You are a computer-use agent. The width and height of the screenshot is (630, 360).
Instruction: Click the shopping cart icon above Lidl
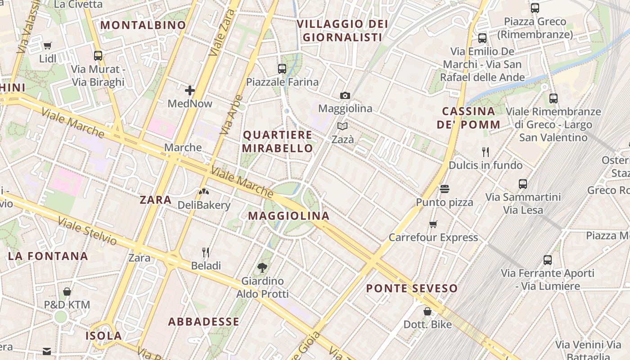[x=48, y=45]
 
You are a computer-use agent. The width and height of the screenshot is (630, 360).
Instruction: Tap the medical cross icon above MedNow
[x=190, y=90]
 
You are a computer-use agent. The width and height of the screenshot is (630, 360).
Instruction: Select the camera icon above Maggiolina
[x=345, y=95]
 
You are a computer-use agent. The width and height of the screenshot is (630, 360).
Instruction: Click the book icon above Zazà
[x=342, y=126]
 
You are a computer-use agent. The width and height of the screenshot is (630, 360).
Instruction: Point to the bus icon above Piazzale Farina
[x=282, y=69]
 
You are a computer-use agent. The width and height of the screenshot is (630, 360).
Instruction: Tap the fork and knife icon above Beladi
[x=206, y=252]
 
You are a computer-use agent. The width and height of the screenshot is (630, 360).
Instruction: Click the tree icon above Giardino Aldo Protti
[x=262, y=268]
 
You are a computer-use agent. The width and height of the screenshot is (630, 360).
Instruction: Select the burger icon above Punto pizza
[x=445, y=189]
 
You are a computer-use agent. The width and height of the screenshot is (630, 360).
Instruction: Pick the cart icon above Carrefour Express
[x=433, y=224]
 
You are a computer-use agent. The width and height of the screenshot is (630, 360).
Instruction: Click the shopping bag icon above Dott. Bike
[x=427, y=311]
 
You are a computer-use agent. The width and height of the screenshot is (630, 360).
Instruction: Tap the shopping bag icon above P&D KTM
[x=67, y=292]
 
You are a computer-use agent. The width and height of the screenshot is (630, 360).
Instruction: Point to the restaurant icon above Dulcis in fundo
[x=486, y=152]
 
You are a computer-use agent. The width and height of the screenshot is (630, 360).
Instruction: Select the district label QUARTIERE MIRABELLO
[x=278, y=141]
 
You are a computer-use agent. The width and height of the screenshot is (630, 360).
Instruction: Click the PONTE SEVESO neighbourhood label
[x=412, y=288]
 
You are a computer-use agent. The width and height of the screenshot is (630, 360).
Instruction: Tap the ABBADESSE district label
[x=204, y=322]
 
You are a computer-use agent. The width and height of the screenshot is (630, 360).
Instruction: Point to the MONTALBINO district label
[x=143, y=25]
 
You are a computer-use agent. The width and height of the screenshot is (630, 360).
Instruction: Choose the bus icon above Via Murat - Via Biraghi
[x=98, y=56]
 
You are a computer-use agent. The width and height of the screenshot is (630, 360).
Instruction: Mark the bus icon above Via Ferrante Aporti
[x=548, y=260]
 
